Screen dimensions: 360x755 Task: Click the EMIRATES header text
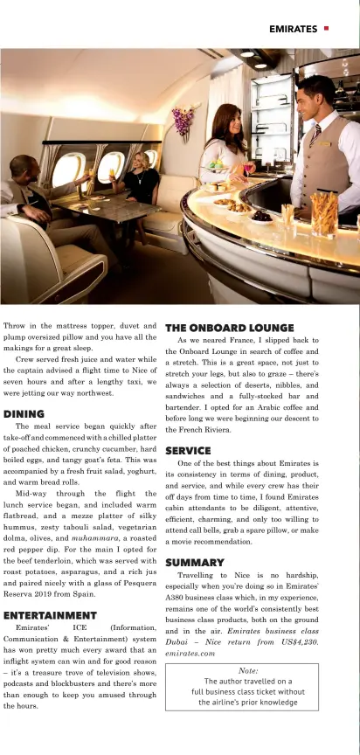click(293, 29)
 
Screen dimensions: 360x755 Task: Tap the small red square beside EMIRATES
click(327, 28)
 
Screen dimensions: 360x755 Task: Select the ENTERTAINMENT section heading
click(50, 615)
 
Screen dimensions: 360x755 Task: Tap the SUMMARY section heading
click(194, 562)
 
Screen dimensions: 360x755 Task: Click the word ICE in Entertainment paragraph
click(66, 627)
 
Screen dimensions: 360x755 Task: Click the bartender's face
click(314, 94)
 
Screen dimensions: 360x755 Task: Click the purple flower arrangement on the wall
click(182, 121)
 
